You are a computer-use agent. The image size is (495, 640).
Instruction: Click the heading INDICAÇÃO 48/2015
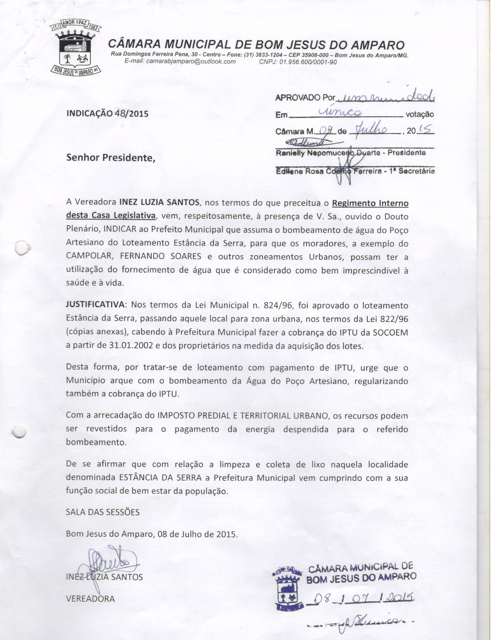[x=107, y=114]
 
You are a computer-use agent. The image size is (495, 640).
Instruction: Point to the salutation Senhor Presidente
[x=111, y=158]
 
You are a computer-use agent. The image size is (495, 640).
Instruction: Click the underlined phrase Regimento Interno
[x=370, y=203]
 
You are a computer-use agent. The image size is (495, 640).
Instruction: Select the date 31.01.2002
[x=131, y=346]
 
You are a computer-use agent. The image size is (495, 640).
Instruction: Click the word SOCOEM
[x=390, y=333]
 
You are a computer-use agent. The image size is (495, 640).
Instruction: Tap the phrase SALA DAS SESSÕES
[x=103, y=512]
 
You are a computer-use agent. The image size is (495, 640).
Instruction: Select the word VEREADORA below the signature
[x=90, y=598]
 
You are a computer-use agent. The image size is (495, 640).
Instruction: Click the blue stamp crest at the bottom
[x=287, y=590]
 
